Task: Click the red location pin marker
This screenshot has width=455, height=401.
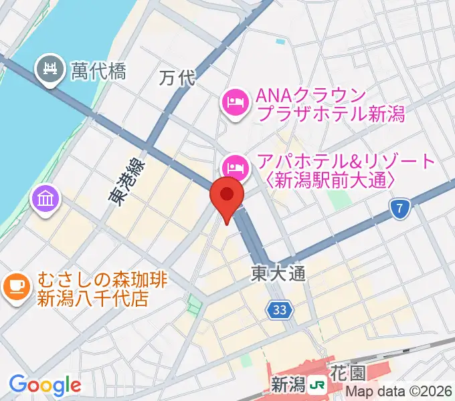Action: pyautogui.click(x=227, y=196)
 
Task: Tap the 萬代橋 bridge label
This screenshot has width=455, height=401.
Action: pyautogui.click(x=98, y=70)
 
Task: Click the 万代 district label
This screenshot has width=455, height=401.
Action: pyautogui.click(x=177, y=78)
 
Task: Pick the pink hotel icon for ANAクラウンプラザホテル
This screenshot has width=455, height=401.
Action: pyautogui.click(x=234, y=102)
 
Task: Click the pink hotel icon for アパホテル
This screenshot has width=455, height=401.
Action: pyautogui.click(x=234, y=163)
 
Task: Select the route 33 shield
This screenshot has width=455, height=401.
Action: pyautogui.click(x=279, y=309)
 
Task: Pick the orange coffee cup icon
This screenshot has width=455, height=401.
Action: pyautogui.click(x=16, y=287)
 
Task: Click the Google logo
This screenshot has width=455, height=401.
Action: pyautogui.click(x=45, y=384)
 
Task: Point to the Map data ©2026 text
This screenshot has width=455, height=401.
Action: pyautogui.click(x=399, y=392)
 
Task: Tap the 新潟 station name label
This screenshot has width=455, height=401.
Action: pyautogui.click(x=289, y=384)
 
